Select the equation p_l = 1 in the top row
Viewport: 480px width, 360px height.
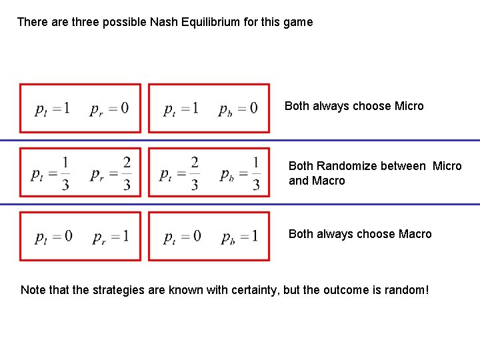point(52,108)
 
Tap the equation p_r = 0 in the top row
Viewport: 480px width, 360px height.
point(109,108)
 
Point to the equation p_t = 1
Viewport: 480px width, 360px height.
point(181,108)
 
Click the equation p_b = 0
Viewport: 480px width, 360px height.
point(238,108)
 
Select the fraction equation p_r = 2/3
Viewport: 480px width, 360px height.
point(111,173)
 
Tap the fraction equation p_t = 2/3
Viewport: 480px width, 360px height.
point(180,173)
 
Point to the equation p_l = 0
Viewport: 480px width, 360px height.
point(54,237)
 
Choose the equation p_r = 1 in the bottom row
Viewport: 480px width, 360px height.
point(111,237)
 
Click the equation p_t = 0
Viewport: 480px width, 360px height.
point(182,237)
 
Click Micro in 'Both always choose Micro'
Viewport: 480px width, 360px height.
point(409,106)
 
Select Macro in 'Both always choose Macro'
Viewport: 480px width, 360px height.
point(415,234)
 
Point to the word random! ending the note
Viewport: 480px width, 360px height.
point(407,290)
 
